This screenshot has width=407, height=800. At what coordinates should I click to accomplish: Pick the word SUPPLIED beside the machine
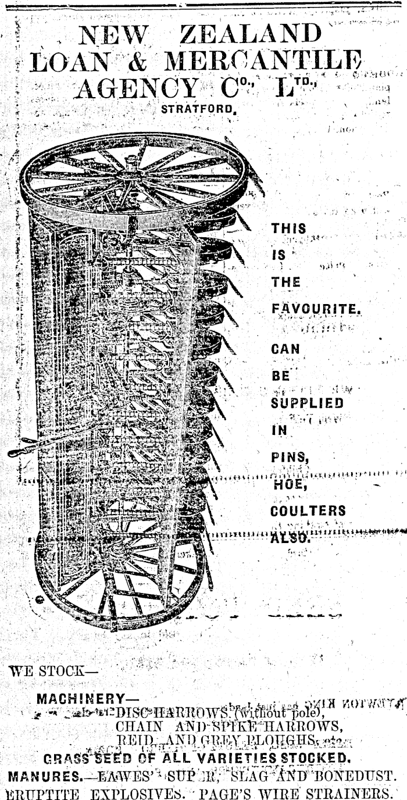click(x=307, y=402)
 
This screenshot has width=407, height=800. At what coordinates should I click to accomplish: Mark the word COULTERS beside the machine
click(x=308, y=511)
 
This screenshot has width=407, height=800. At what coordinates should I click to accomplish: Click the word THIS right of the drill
click(x=288, y=228)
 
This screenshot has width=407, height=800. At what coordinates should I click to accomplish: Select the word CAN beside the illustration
click(x=285, y=349)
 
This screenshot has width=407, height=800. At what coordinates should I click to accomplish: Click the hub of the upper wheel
click(x=133, y=173)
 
